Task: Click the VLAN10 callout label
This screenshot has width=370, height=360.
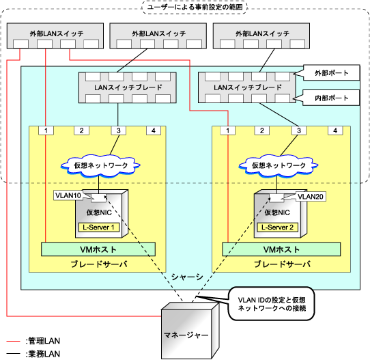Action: coord(68,195)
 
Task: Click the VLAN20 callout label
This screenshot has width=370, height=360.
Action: coord(311,197)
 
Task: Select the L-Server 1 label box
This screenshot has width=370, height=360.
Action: coord(99,227)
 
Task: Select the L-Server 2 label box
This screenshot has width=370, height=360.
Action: coord(277,227)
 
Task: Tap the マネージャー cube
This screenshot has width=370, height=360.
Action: coord(190,331)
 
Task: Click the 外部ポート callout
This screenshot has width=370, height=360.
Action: coord(331,73)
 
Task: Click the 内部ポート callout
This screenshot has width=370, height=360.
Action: coord(331,98)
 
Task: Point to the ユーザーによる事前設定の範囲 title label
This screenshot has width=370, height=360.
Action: coord(195,7)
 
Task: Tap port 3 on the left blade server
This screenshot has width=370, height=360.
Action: coord(119,130)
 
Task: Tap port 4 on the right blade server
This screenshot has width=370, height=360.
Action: coord(335,130)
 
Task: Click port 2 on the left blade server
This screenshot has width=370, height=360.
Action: coord(81,130)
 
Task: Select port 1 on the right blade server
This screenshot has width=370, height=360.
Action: coord(227,130)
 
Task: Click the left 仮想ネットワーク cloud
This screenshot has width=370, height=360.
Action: coord(101,166)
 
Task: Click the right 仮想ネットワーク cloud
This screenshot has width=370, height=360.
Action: coord(279,166)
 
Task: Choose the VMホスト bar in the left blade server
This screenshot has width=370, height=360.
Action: coord(98,249)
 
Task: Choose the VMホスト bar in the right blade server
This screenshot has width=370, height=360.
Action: coord(281,249)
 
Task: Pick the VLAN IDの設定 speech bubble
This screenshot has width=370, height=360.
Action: coord(272,304)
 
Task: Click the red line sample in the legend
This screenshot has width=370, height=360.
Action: coord(13,341)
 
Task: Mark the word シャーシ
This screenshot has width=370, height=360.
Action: coord(187,277)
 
